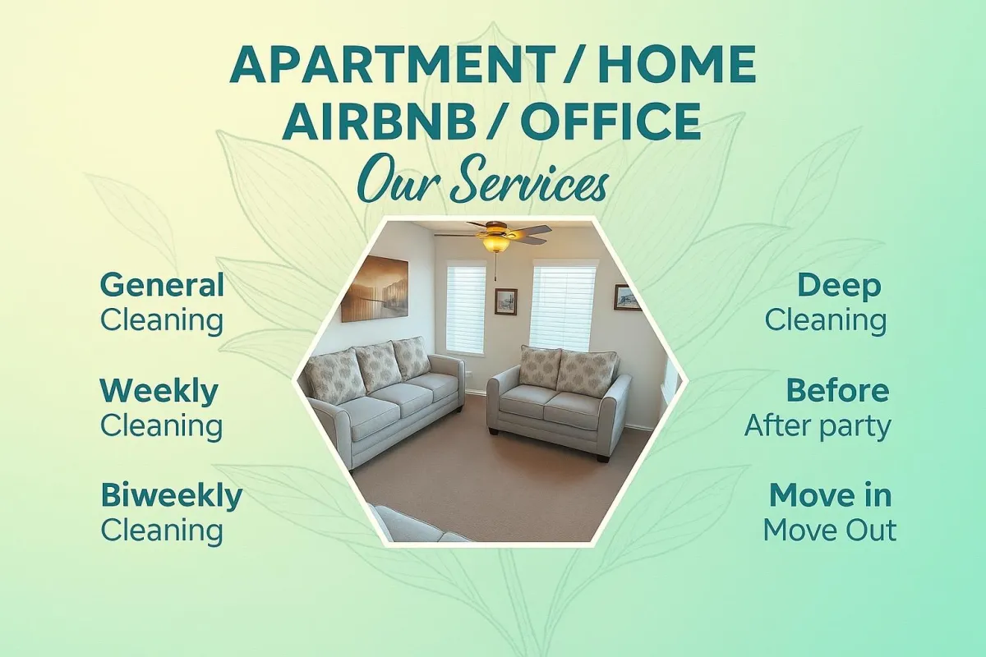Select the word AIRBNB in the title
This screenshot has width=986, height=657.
click(x=379, y=120)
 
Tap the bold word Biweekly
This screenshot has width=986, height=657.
click(x=171, y=495)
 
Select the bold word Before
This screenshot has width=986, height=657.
click(x=837, y=390)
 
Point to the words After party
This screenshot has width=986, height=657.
click(x=818, y=426)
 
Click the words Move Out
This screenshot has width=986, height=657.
click(x=830, y=530)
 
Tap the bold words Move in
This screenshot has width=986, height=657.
click(x=831, y=495)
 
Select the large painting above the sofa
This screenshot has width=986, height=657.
click(x=375, y=288)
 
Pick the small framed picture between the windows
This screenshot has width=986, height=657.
click(x=506, y=301)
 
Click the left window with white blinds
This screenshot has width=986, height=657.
click(x=466, y=308)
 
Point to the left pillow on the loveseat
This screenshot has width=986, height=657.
click(x=539, y=365)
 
